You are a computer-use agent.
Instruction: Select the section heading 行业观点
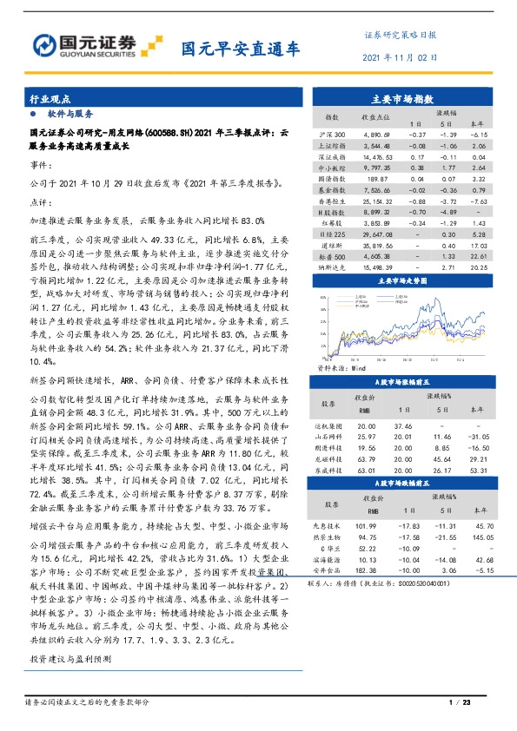(x=49, y=100)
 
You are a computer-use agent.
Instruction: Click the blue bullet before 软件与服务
(x=33, y=114)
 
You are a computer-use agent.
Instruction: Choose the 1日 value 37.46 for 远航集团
(x=402, y=425)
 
